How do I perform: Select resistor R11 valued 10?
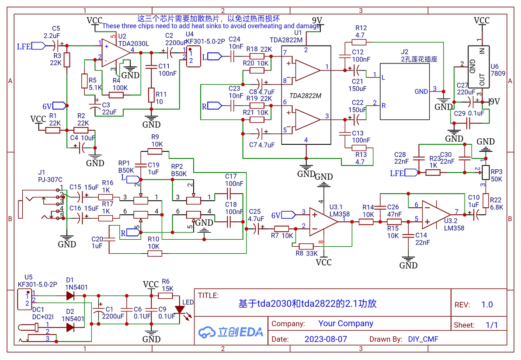pos(151,95)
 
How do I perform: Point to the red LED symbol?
pos(180,310)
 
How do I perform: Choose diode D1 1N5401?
pos(70,296)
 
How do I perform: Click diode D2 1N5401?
pos(70,327)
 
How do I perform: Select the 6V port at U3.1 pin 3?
pos(289,214)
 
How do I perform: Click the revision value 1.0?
pos(486,304)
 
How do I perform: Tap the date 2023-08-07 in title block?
pos(326,339)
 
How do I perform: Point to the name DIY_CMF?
pos(423,339)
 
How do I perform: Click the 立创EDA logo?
pos(231,332)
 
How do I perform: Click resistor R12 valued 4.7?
pos(360,42)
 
